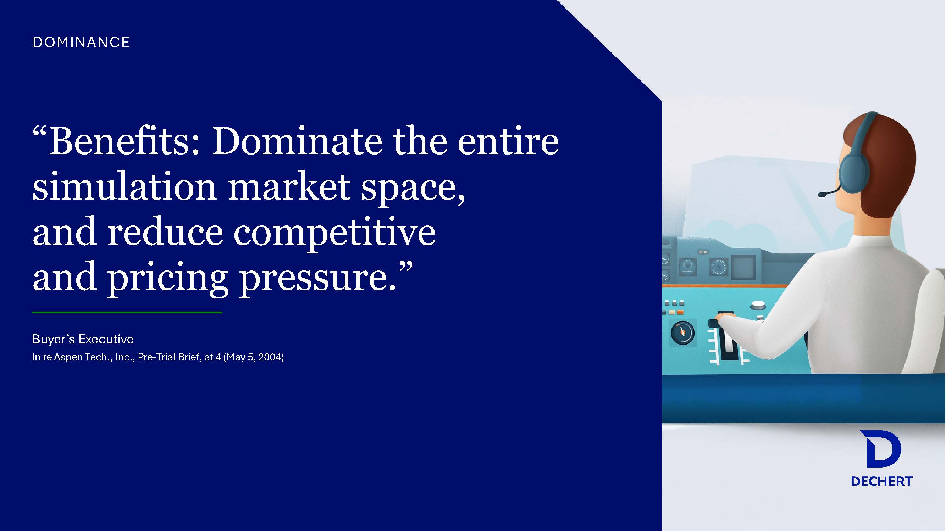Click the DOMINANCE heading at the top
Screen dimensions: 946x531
(81, 42)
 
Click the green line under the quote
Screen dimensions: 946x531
(127, 312)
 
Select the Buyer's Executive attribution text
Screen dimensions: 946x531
(83, 339)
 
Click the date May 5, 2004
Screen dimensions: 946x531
(254, 357)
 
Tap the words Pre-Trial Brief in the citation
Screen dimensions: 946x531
(170, 357)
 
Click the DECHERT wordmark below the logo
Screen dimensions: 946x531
(882, 481)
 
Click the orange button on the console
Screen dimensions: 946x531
(680, 312)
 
